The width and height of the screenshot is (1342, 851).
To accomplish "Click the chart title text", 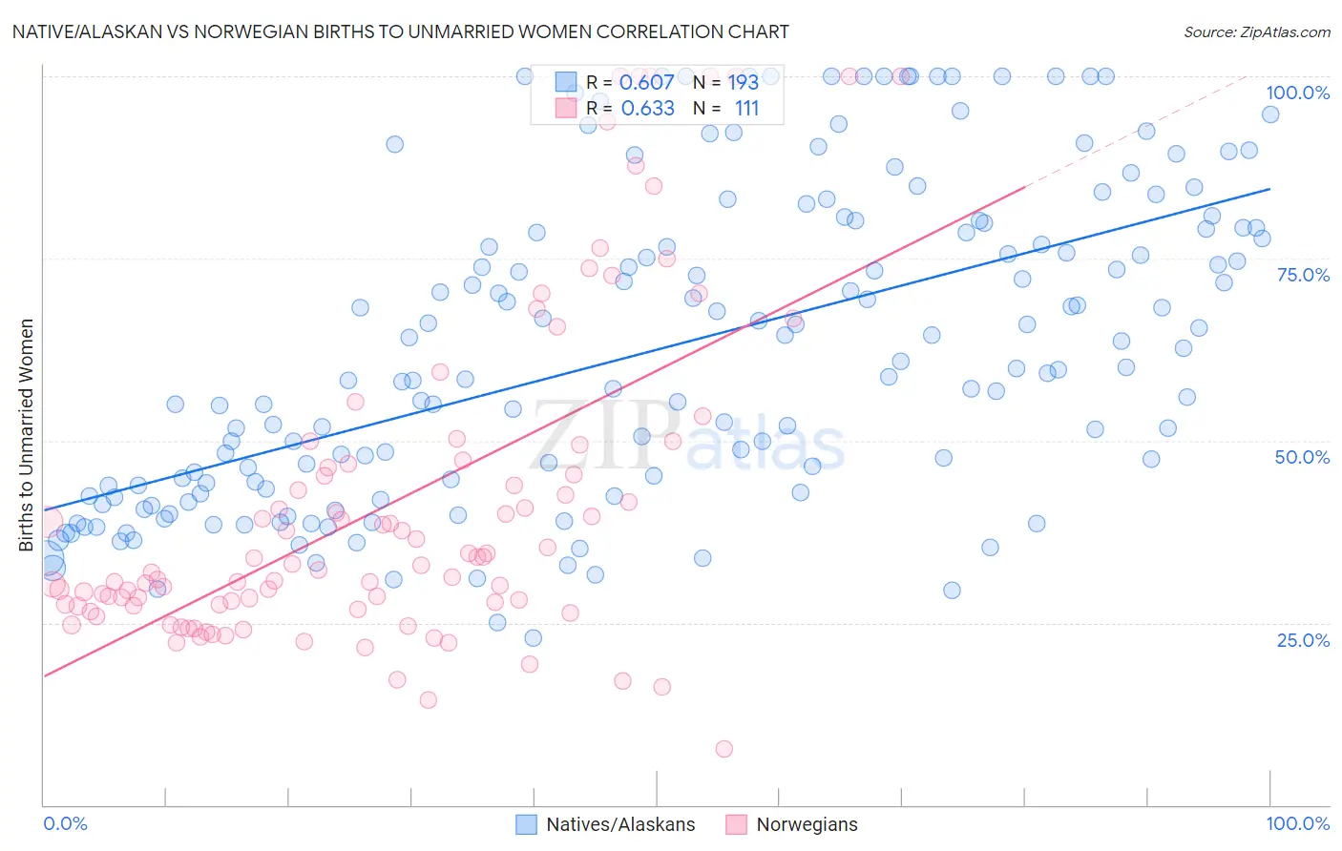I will [400, 31].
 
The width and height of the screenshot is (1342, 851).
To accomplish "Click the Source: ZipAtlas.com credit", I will [1256, 31].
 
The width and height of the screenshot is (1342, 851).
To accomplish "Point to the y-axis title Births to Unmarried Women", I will [27, 435].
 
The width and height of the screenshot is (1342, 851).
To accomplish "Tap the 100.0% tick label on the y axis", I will [1297, 93].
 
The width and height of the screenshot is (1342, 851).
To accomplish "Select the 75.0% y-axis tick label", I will [1303, 275].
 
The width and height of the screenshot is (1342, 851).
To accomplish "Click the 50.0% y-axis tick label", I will [1302, 457].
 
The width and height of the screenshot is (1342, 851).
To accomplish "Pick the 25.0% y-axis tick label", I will [1303, 640].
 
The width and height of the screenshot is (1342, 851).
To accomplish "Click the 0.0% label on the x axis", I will [65, 823].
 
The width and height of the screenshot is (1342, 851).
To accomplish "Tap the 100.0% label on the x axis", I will [1297, 823].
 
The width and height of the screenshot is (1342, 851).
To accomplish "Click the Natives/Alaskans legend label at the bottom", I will [620, 824].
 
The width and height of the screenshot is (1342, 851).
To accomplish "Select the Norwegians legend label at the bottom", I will [807, 824].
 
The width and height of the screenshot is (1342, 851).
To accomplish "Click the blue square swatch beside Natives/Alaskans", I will [526, 824].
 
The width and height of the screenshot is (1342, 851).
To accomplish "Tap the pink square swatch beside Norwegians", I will [736, 824].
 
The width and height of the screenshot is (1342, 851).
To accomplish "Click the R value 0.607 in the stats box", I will [646, 82].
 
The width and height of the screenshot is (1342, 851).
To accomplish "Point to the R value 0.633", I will [647, 108].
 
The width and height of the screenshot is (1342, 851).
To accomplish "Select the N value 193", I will [743, 82].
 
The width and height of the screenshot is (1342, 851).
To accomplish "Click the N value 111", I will [746, 108].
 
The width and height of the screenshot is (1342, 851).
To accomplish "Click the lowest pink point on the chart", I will [724, 749].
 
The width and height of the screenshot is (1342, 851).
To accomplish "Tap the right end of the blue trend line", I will [1269, 189].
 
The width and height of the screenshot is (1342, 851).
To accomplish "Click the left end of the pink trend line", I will [44, 675].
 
